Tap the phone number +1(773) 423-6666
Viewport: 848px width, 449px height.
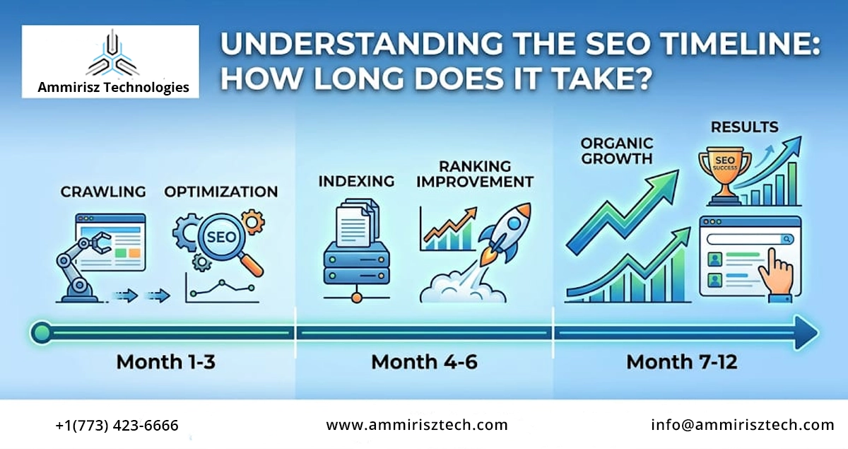(x=117, y=425)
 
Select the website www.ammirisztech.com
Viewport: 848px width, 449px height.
(x=417, y=425)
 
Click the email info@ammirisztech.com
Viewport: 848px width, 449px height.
(x=743, y=425)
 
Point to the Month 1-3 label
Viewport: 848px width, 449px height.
(x=165, y=362)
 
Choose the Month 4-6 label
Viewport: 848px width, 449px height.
(x=424, y=362)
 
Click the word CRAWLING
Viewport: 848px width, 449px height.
(x=103, y=192)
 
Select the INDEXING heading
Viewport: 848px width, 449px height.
(x=356, y=181)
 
